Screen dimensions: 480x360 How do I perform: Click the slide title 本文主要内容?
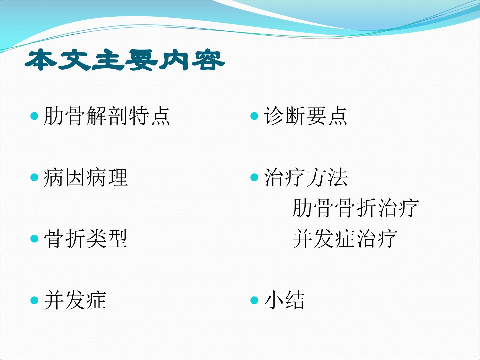pyautogui.click(x=125, y=60)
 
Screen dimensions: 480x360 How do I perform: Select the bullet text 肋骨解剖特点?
pyautogui.click(x=107, y=116)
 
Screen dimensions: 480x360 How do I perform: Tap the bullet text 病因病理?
pyautogui.click(x=86, y=177)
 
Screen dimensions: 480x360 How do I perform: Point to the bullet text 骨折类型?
pyautogui.click(x=86, y=239)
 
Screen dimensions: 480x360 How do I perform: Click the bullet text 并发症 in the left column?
pyautogui.click(x=75, y=300)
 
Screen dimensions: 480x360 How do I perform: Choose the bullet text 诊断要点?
pyautogui.click(x=305, y=116)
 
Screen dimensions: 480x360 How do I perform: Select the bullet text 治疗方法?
pyautogui.click(x=306, y=177)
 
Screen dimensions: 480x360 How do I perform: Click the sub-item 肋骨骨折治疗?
pyautogui.click(x=355, y=208)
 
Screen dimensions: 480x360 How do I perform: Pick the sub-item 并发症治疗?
pyautogui.click(x=345, y=239)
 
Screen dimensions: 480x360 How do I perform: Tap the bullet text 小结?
pyautogui.click(x=284, y=300)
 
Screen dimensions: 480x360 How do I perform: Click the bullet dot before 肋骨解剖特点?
pyautogui.click(x=34, y=116)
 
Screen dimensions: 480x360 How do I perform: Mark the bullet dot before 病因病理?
pyautogui.click(x=34, y=177)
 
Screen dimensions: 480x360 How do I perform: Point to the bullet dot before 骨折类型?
pyautogui.click(x=34, y=239)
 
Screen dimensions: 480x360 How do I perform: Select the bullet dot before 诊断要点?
pyautogui.click(x=254, y=116)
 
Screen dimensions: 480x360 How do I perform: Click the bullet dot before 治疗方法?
pyautogui.click(x=254, y=177)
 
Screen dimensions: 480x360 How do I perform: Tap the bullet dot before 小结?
pyautogui.click(x=254, y=300)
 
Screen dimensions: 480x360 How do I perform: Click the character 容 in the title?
pyautogui.click(x=208, y=60)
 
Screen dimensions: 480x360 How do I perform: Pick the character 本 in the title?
pyautogui.click(x=41, y=60)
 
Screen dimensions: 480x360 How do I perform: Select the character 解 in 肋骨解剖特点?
pyautogui.click(x=96, y=116)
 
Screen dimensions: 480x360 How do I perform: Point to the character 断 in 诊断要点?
pyautogui.click(x=295, y=116)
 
